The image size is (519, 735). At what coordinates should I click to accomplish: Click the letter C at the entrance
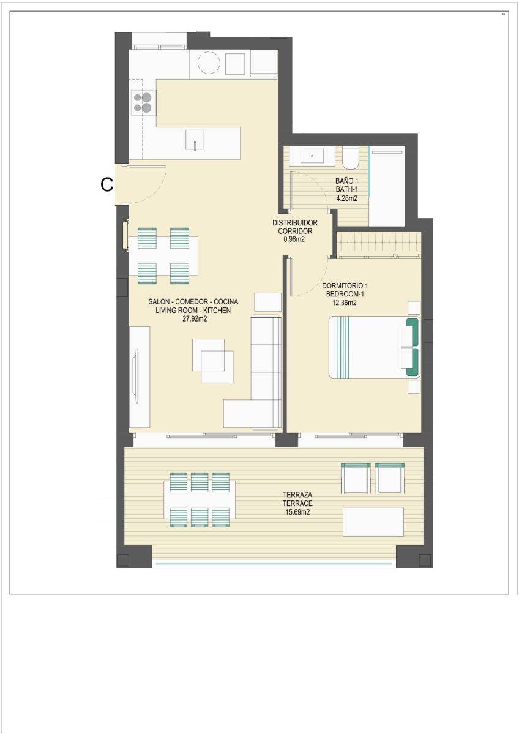(x=106, y=184)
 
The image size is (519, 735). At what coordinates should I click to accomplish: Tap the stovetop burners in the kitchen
(x=143, y=102)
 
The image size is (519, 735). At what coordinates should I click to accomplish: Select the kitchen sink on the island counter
(x=195, y=139)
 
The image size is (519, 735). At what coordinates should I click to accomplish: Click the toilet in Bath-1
(x=351, y=157)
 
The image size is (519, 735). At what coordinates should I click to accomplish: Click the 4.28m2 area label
(x=346, y=198)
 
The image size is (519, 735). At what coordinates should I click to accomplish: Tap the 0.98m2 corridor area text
(x=294, y=239)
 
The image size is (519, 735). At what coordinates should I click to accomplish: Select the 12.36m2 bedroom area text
(x=345, y=303)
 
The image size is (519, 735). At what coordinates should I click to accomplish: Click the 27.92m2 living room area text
(x=195, y=318)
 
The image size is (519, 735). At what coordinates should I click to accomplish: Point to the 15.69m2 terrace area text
(x=297, y=512)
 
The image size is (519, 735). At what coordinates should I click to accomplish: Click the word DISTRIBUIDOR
(x=295, y=223)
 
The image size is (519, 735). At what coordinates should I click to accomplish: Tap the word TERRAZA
(x=297, y=495)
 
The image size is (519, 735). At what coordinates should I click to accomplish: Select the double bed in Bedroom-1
(x=374, y=347)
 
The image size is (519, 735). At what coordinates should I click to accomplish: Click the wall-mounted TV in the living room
(x=136, y=376)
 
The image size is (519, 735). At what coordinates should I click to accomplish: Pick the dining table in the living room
(x=163, y=256)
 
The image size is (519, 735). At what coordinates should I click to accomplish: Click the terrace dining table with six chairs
(x=200, y=500)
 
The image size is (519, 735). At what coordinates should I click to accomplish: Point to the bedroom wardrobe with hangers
(x=379, y=244)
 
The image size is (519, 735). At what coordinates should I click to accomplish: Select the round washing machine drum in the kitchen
(x=209, y=63)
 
